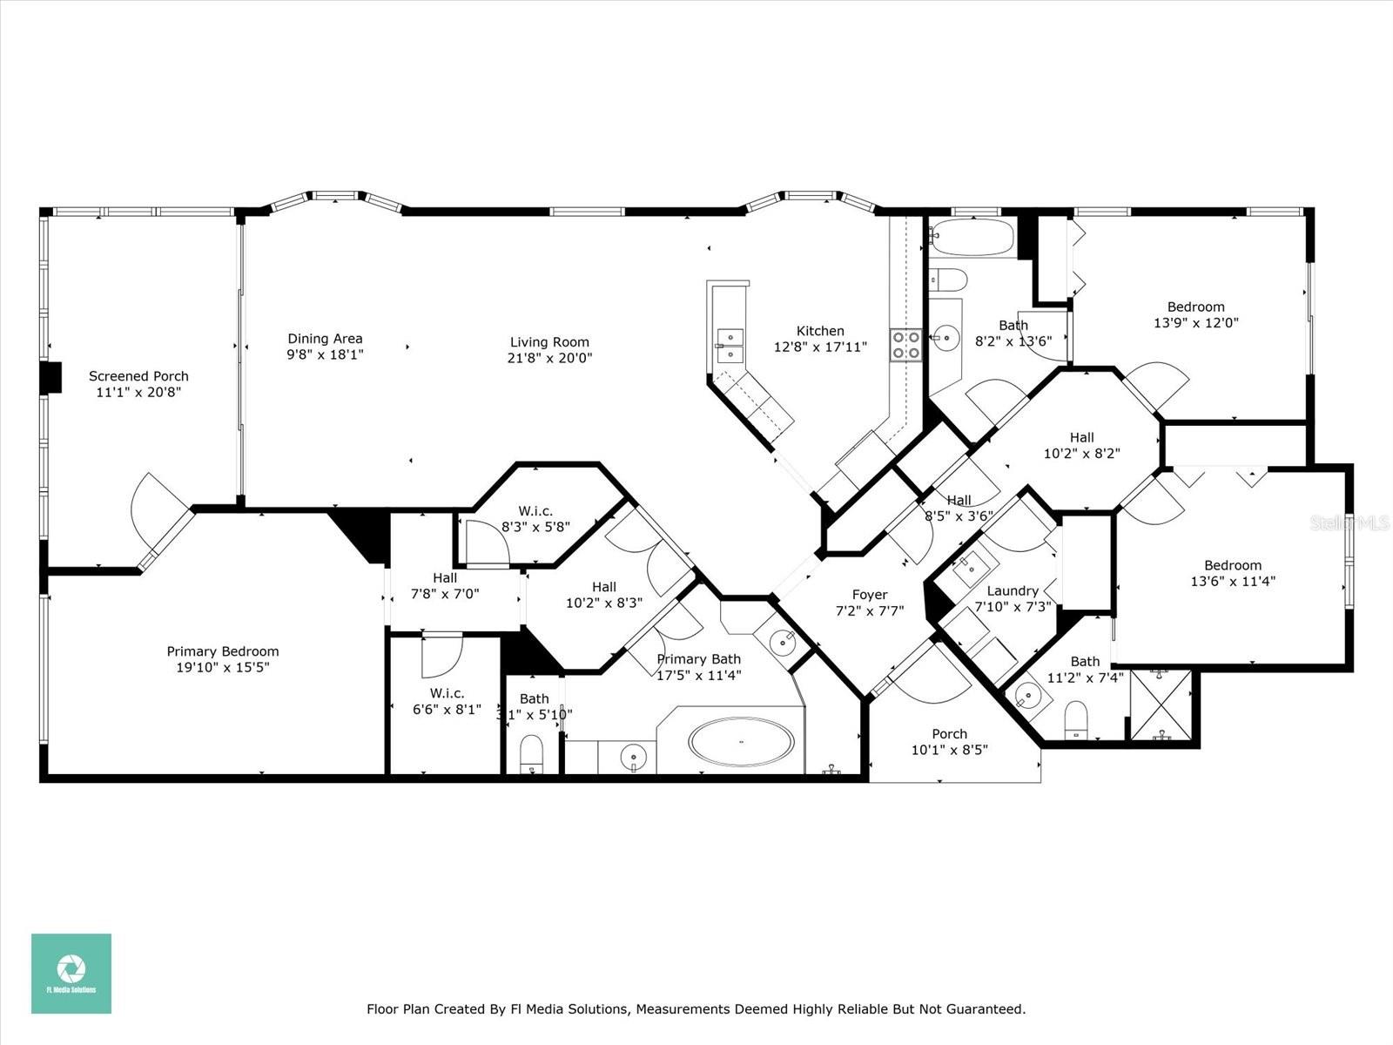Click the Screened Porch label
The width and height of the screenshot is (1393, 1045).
tap(138, 376)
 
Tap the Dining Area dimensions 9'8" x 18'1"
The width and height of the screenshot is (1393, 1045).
tap(325, 354)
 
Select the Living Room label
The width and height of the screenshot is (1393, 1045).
tap(549, 342)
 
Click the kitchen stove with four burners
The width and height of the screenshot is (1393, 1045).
tap(905, 344)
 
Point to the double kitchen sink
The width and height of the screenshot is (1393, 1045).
tap(729, 345)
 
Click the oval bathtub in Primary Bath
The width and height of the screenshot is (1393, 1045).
tap(741, 742)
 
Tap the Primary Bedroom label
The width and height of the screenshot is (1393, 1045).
tap(223, 651)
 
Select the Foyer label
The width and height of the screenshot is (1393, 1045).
tap(869, 595)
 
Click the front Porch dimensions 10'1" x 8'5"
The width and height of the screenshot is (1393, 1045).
tap(949, 750)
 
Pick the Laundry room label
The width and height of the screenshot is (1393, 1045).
tap(1013, 590)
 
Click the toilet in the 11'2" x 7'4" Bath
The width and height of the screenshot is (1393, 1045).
tap(1077, 719)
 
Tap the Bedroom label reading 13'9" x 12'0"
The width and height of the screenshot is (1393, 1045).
tap(1195, 307)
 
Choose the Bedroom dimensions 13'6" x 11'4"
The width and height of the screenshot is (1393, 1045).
tap(1233, 581)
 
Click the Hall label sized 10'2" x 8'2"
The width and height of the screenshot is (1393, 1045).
tap(1081, 437)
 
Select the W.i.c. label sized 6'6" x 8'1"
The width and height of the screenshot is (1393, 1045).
tap(446, 693)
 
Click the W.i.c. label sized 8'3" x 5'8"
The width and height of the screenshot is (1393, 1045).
tap(535, 511)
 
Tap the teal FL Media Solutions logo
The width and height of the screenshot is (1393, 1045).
tap(71, 973)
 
